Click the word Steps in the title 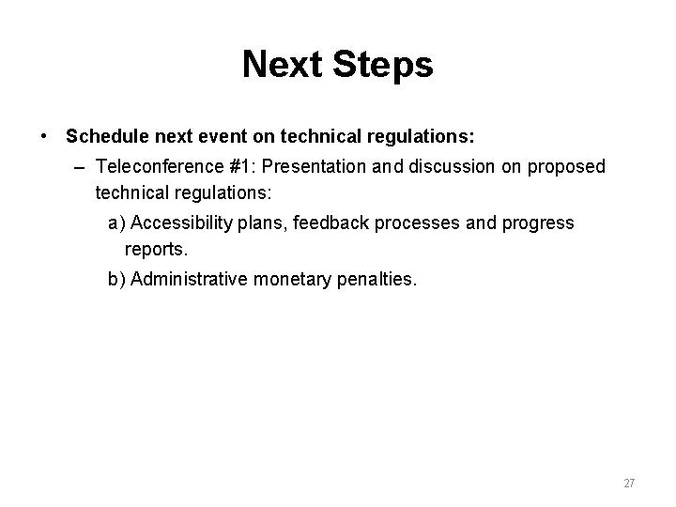[386, 65]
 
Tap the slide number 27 [629, 484]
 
